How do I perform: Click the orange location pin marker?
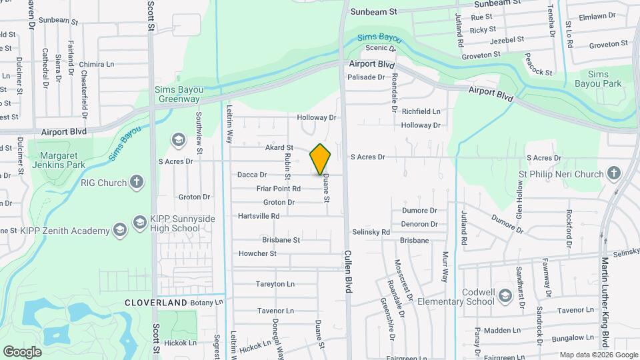click(320, 159)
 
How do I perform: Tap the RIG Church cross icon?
click(136, 182)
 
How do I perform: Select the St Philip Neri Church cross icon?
click(614, 173)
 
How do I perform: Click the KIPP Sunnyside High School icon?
click(140, 221)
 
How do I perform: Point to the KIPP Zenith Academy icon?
click(119, 231)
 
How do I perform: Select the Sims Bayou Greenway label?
click(177, 94)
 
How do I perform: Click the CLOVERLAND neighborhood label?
click(156, 303)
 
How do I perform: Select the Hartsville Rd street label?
click(259, 216)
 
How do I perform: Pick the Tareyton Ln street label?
click(275, 284)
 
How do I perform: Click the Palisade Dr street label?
click(366, 77)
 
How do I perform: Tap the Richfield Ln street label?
click(421, 111)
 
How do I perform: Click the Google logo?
click(22, 351)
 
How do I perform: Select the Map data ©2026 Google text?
click(598, 355)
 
